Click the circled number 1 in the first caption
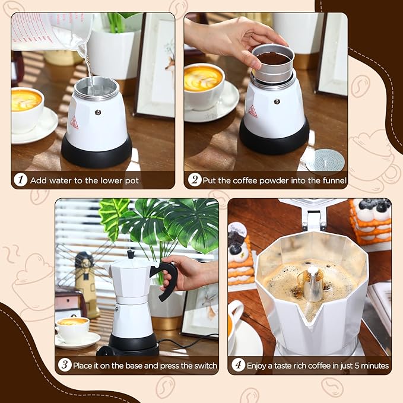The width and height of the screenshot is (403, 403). click(22, 180)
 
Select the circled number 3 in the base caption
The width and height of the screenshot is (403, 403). click(66, 365)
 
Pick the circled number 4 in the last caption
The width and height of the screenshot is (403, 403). click(239, 365)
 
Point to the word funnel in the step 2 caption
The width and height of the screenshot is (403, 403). click(332, 180)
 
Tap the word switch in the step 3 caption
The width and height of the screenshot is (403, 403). click(205, 365)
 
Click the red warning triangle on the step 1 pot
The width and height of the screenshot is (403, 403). click(74, 123)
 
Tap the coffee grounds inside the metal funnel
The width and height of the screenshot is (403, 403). click(272, 58)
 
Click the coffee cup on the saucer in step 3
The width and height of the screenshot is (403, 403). click(74, 329)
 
